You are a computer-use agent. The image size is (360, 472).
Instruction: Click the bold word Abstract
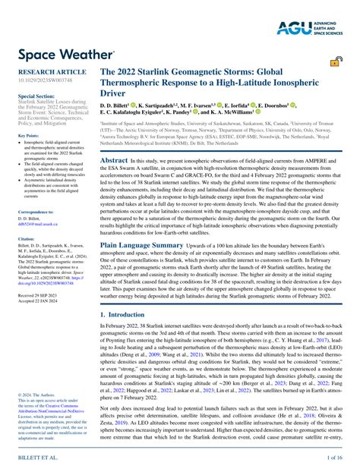tap(114, 161)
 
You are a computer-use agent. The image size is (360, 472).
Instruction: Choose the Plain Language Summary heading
tap(142, 246)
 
